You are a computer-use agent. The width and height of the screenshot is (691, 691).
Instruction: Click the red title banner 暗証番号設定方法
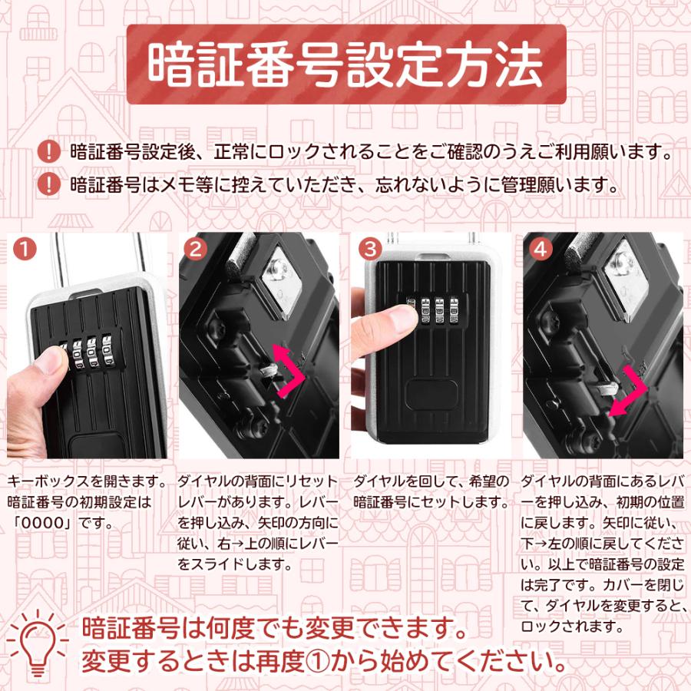pyautogui.click(x=346, y=64)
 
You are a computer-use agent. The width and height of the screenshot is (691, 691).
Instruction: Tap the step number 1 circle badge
pyautogui.click(x=25, y=250)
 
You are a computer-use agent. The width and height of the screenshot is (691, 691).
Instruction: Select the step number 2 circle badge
pyautogui.click(x=195, y=250)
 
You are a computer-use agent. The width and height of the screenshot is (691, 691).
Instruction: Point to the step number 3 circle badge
pyautogui.click(x=370, y=250)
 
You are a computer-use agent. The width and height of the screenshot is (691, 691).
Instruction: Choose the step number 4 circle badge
pyautogui.click(x=541, y=250)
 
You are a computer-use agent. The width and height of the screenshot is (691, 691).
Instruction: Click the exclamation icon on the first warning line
pyautogui.click(x=49, y=151)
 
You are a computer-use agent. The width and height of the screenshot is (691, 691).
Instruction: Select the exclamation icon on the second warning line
pyautogui.click(x=49, y=183)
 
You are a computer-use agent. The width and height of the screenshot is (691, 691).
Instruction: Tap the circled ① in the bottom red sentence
pyautogui.click(x=318, y=661)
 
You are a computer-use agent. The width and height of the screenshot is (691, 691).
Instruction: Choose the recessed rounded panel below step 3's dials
pyautogui.click(x=431, y=394)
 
